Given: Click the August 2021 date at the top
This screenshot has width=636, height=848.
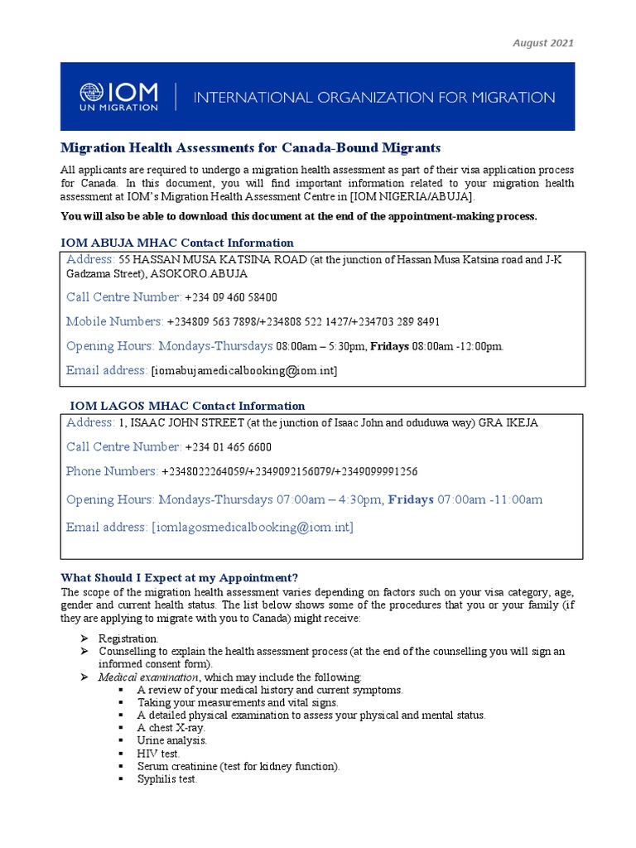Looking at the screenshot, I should point(543,43).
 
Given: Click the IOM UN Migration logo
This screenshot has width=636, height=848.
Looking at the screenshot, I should point(118,96).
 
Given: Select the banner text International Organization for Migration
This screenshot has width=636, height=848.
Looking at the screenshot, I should point(373,98).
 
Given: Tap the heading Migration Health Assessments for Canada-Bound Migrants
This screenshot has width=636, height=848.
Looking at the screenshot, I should point(251,147).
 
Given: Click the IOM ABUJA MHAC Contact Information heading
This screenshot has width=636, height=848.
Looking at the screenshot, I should point(177,243).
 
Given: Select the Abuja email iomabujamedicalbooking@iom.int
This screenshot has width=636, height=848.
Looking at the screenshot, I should point(244,371).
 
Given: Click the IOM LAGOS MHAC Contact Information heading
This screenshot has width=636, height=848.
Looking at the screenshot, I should point(186,406).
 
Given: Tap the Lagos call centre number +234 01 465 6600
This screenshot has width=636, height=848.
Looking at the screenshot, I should point(228,447).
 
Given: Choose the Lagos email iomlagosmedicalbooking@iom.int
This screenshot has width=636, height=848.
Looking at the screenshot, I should point(252,528).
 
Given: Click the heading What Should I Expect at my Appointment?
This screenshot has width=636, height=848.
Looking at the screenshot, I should point(179,577).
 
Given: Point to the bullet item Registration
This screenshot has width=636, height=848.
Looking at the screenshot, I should point(128,638).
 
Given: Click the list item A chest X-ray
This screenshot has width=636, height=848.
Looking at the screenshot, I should point(171,727).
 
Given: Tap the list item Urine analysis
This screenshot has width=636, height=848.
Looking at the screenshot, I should point(172,740).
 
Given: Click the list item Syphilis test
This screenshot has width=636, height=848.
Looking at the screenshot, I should point(167,779).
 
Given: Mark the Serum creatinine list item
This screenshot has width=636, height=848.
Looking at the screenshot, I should point(238,766).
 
